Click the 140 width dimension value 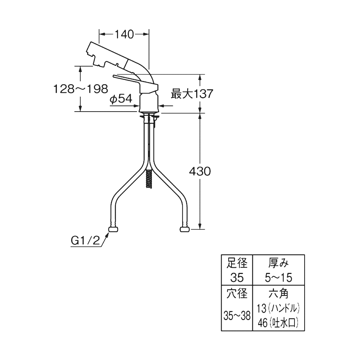pyautogui.click(x=124, y=35)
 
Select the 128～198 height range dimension pyautogui.click(x=81, y=89)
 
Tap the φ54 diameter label pyautogui.click(x=121, y=99)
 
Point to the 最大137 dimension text pyautogui.click(x=192, y=94)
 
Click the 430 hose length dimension pyautogui.click(x=200, y=171)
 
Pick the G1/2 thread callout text pyautogui.click(x=85, y=241)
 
